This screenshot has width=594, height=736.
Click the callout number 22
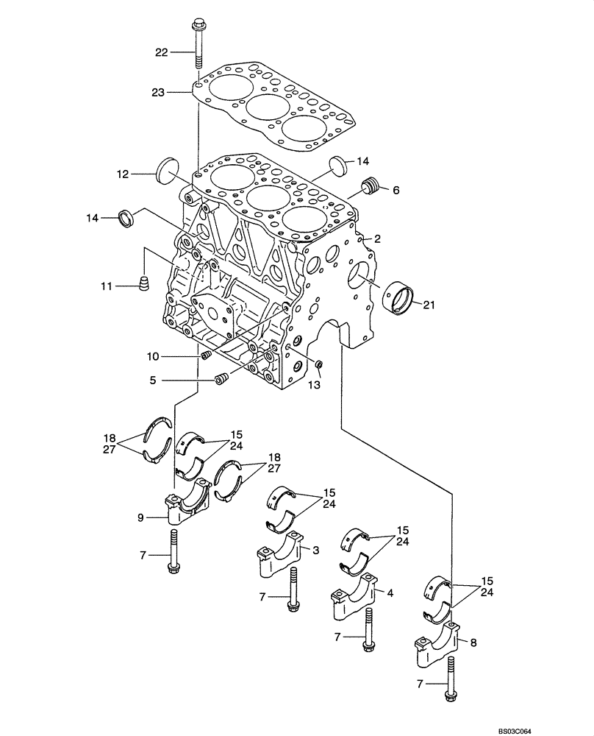point(161,52)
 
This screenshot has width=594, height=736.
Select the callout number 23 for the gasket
point(160,93)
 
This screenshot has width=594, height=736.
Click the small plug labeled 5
point(221,380)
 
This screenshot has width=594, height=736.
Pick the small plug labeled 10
point(206,357)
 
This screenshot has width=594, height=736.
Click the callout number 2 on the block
point(376,238)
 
